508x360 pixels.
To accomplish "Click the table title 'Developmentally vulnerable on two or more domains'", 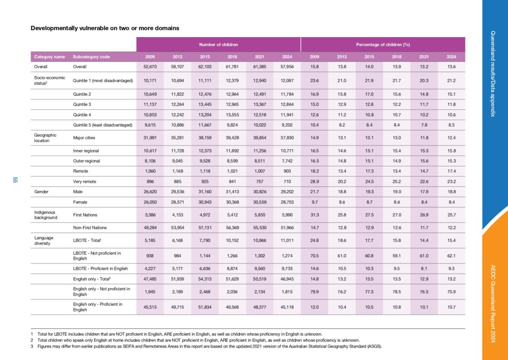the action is [105, 28].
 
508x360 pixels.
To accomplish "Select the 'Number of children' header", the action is [218, 45].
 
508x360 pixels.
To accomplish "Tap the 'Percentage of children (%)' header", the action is [383, 45].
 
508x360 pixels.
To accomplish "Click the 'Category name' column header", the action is [50, 57].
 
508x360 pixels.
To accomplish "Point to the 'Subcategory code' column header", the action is [91, 57].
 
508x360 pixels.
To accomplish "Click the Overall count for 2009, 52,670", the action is [150, 67].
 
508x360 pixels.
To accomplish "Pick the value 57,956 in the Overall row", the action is [287, 67].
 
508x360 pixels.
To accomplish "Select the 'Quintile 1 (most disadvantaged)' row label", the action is [103, 81].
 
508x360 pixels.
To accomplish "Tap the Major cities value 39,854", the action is [259, 138].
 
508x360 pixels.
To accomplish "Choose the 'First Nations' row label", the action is [85, 215].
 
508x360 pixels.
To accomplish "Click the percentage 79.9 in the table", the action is [314, 291].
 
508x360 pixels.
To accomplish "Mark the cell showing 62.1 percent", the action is [451, 256].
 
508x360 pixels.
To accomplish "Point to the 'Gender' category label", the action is [42, 192].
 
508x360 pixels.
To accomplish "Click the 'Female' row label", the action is [80, 202].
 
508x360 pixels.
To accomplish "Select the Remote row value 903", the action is [287, 171].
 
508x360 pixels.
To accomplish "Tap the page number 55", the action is [15, 180].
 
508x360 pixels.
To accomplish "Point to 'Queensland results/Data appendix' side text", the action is [493, 74].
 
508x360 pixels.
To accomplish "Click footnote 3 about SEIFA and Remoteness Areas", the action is [206, 347].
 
